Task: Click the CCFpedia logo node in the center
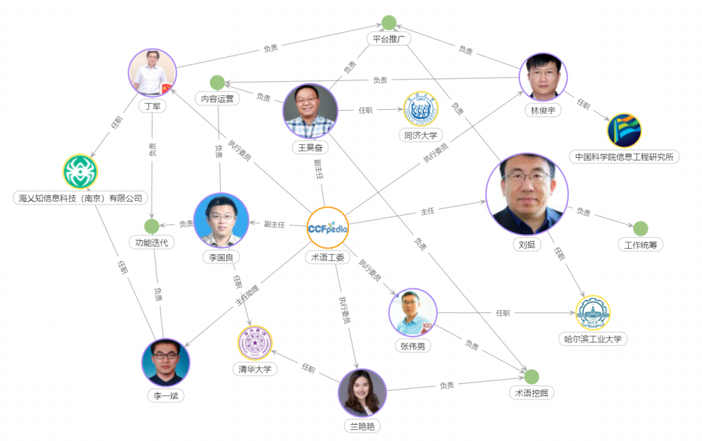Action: tap(328, 228)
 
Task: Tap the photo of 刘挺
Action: tap(526, 194)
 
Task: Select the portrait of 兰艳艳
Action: tap(362, 392)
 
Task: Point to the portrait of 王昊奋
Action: tap(310, 110)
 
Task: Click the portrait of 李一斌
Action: tap(166, 362)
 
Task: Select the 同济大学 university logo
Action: tap(421, 108)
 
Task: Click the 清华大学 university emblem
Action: tap(255, 342)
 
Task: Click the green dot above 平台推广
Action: tap(389, 23)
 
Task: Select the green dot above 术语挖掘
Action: tap(532, 377)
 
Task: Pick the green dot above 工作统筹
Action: tap(640, 228)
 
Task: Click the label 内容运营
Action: tap(217, 99)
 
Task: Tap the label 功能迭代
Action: tap(151, 243)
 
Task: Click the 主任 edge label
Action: tap(427, 212)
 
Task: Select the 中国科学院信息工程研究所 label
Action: tap(624, 157)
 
